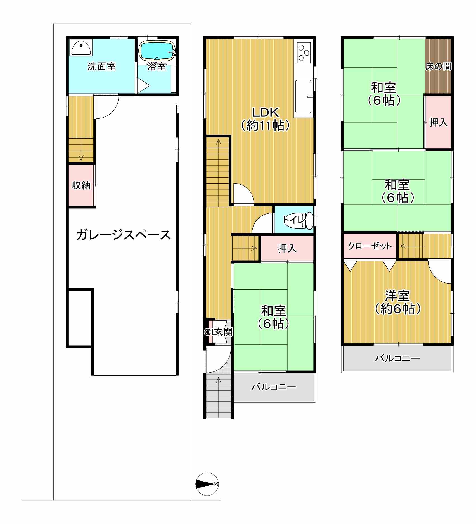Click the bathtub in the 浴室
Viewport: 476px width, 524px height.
(x=157, y=51)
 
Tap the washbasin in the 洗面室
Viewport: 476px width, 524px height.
(x=81, y=48)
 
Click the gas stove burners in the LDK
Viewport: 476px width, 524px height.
(x=304, y=52)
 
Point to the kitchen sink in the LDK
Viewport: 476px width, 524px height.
(x=303, y=96)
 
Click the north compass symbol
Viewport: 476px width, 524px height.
(x=207, y=484)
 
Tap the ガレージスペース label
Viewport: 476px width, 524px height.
(x=124, y=235)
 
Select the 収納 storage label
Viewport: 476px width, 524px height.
(x=81, y=185)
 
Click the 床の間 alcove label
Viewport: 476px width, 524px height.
(x=438, y=66)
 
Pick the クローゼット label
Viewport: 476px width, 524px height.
(x=370, y=246)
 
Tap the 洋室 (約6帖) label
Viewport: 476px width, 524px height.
(x=397, y=302)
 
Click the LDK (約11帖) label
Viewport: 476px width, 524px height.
(x=265, y=119)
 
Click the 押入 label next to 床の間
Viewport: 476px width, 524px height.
(x=438, y=122)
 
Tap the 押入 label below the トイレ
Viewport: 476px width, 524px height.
(x=287, y=248)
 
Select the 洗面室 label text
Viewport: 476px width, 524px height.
(x=101, y=66)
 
